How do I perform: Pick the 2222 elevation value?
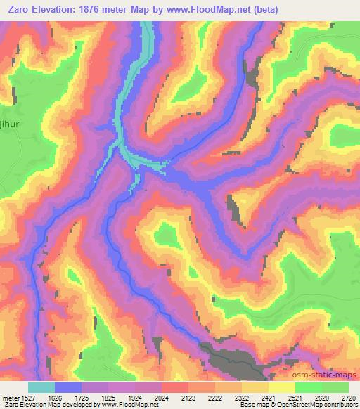click(215, 398)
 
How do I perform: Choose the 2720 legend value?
click(348, 398)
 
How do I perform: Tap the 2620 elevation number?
click(322, 398)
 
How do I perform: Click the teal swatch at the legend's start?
click(41, 387)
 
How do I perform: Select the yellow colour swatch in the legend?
click(281, 387)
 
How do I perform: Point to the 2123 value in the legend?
click(188, 398)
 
